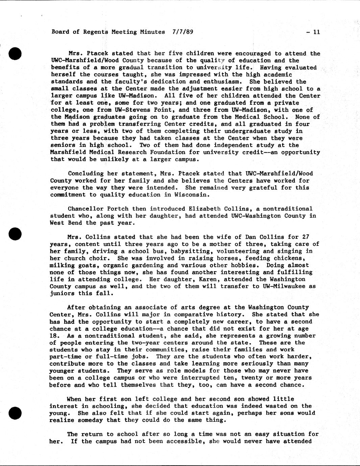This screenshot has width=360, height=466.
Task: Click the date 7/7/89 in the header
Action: (183, 32)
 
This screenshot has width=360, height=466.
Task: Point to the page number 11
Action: (316, 32)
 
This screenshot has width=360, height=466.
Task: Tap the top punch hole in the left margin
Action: (16, 54)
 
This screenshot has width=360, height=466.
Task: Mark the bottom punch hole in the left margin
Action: (16, 413)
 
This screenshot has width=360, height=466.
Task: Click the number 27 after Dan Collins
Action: (306, 237)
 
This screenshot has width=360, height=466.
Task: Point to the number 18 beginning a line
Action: (54, 336)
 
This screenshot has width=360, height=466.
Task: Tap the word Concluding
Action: (86, 174)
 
